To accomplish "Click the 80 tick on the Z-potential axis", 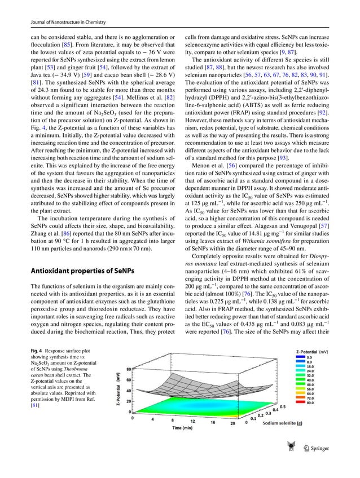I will [x=128, y=369].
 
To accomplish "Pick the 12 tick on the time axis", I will [x=192, y=420].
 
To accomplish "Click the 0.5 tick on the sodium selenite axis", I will [x=282, y=405].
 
